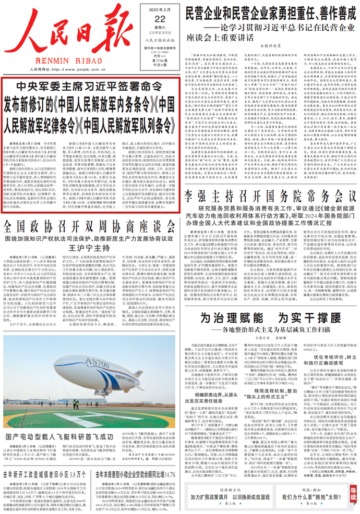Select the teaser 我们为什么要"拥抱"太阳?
(309, 498)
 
